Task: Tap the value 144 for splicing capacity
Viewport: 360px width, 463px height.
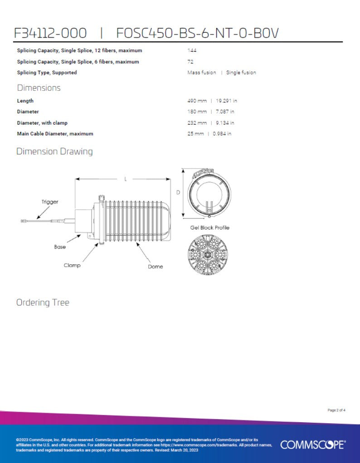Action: pyautogui.click(x=192, y=50)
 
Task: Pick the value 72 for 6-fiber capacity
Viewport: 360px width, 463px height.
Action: pyautogui.click(x=190, y=62)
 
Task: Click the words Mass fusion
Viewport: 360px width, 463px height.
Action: pyautogui.click(x=202, y=72)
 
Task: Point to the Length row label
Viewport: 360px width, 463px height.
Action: pyautogui.click(x=25, y=101)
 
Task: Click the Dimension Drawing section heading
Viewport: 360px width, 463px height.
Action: pyautogui.click(x=54, y=151)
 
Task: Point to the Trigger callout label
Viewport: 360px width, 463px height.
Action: pyautogui.click(x=50, y=202)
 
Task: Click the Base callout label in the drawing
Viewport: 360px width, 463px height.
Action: pyautogui.click(x=60, y=247)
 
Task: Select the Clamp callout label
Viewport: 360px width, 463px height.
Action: pyautogui.click(x=72, y=265)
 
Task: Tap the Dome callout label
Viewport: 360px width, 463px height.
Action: pyautogui.click(x=155, y=266)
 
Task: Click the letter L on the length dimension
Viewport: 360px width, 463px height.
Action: pyautogui.click(x=125, y=179)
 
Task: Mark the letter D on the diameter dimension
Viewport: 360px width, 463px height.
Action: pyautogui.click(x=178, y=193)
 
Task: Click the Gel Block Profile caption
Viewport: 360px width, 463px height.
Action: pyautogui.click(x=209, y=227)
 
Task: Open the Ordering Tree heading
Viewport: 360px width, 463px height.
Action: pyautogui.click(x=43, y=302)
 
